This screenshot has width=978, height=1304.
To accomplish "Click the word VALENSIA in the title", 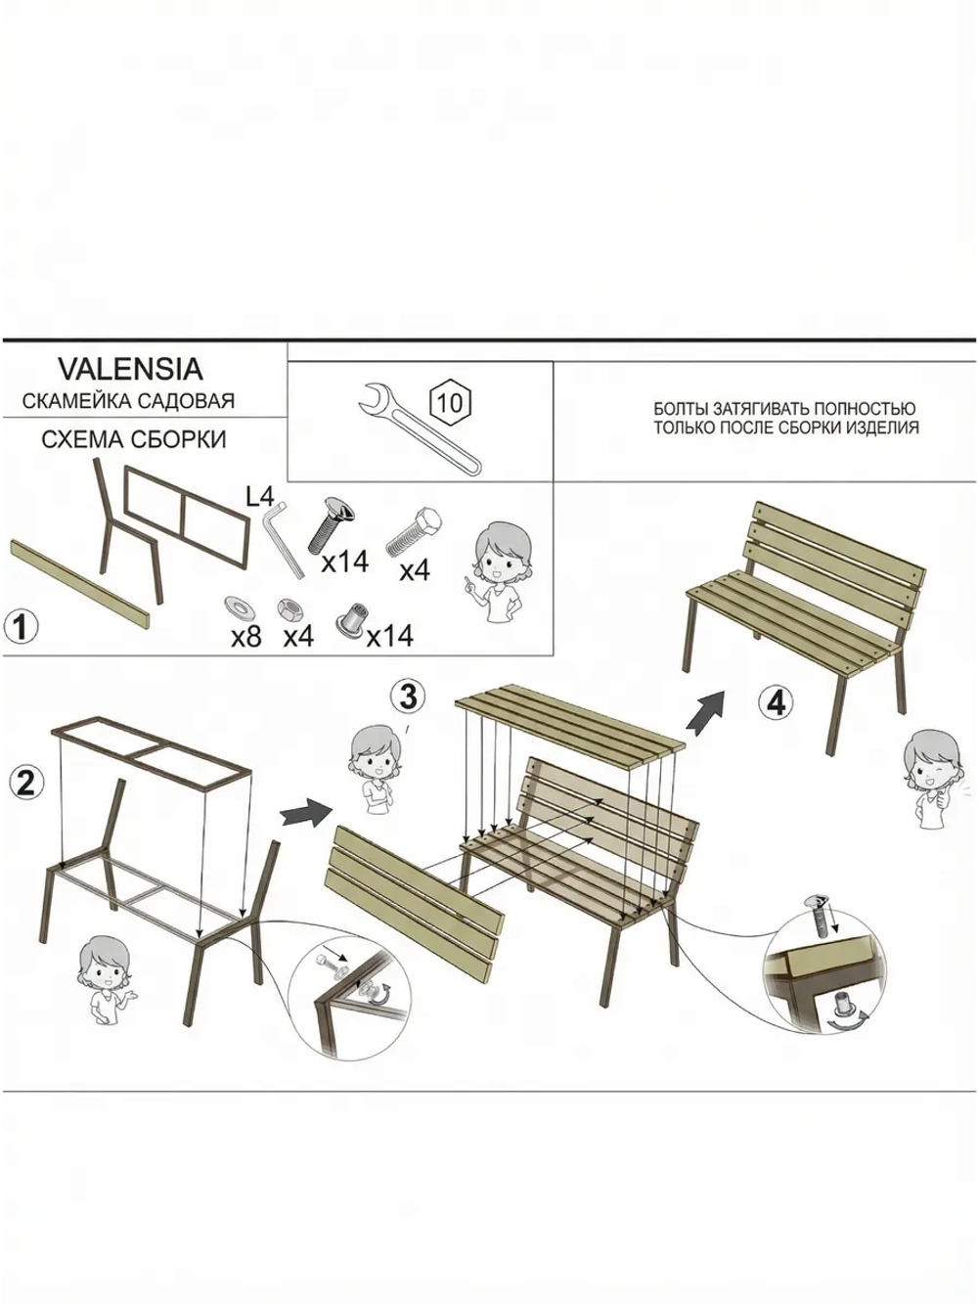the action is pyautogui.click(x=131, y=370).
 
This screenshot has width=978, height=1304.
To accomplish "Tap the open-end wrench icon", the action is pyautogui.click(x=420, y=428).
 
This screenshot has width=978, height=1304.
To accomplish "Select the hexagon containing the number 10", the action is pyautogui.click(x=450, y=403).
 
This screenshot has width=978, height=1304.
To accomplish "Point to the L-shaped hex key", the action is pyautogui.click(x=282, y=539).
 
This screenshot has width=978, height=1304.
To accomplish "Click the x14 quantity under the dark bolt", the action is pyautogui.click(x=345, y=562).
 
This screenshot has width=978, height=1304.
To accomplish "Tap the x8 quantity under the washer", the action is pyautogui.click(x=246, y=638).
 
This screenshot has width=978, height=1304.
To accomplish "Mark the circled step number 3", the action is pyautogui.click(x=409, y=696).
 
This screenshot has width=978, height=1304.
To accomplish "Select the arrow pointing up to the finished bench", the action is pyautogui.click(x=705, y=712).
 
